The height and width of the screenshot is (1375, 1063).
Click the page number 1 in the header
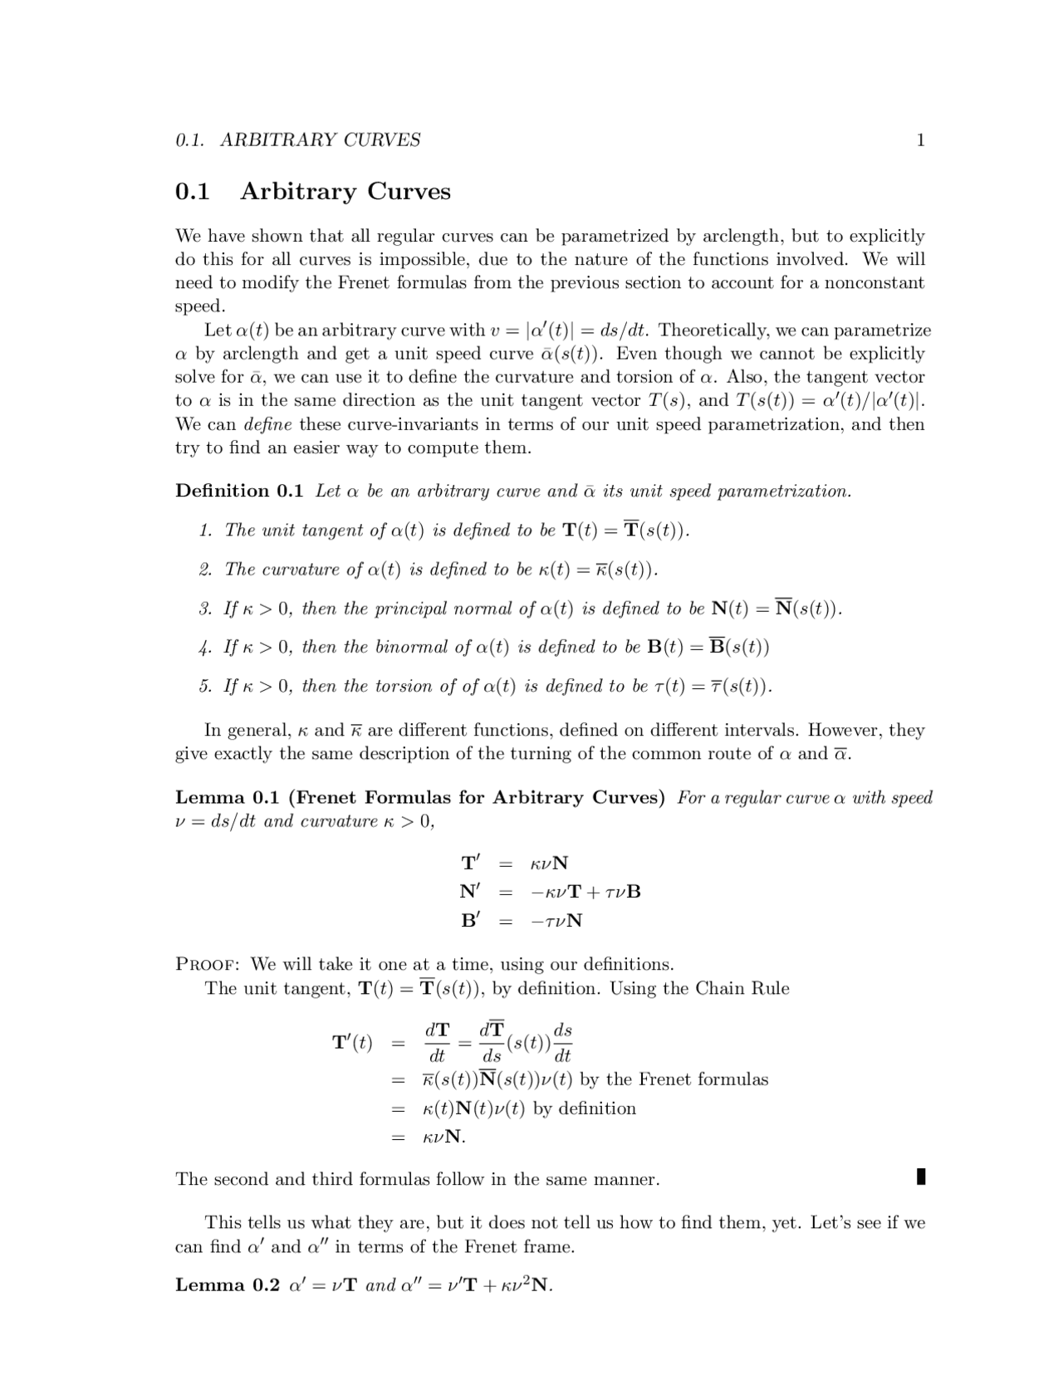click(920, 139)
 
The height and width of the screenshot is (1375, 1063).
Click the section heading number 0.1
click(192, 192)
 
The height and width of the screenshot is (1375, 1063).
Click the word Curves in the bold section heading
click(409, 192)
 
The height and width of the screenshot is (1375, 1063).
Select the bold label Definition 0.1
click(239, 491)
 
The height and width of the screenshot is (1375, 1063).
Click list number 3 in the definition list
click(205, 609)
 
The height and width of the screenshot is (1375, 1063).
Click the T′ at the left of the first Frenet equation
click(470, 862)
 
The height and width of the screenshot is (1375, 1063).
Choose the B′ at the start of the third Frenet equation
click(470, 920)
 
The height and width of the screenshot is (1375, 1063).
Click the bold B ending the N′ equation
click(634, 892)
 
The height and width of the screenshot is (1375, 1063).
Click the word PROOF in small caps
click(208, 965)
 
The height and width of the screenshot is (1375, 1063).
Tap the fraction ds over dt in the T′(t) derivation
click(562, 1042)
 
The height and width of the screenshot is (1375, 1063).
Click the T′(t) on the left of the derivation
click(352, 1042)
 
